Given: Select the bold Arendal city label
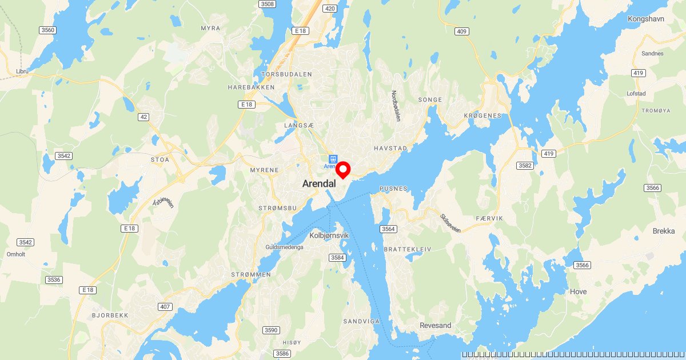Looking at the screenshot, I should click(319, 184).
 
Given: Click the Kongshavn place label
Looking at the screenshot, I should click(645, 19).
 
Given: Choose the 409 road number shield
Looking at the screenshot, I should click(462, 31).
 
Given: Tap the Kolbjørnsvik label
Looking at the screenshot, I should click(329, 235).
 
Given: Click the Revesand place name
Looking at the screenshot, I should click(435, 326).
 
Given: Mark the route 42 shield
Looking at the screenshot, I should click(144, 117).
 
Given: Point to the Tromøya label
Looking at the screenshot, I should click(641, 111).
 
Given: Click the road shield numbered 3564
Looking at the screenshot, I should click(388, 229).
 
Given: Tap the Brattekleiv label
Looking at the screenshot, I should click(408, 250).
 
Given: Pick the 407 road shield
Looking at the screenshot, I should click(165, 307).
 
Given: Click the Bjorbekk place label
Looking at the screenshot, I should click(110, 315).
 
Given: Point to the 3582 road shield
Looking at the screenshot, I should click(524, 166).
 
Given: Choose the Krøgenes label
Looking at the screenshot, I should click(482, 115).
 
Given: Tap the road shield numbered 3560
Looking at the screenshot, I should click(47, 30).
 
